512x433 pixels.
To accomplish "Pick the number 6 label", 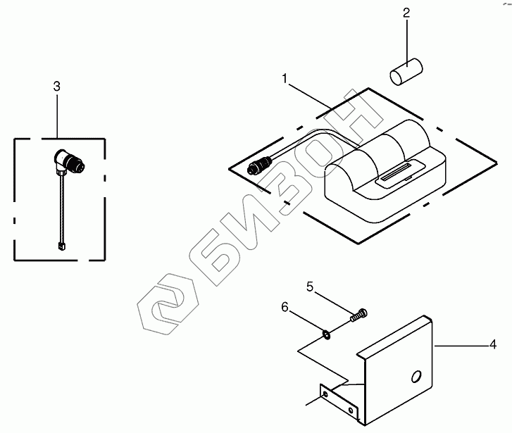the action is (285, 308).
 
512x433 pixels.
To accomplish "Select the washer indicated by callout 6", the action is (327, 334).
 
